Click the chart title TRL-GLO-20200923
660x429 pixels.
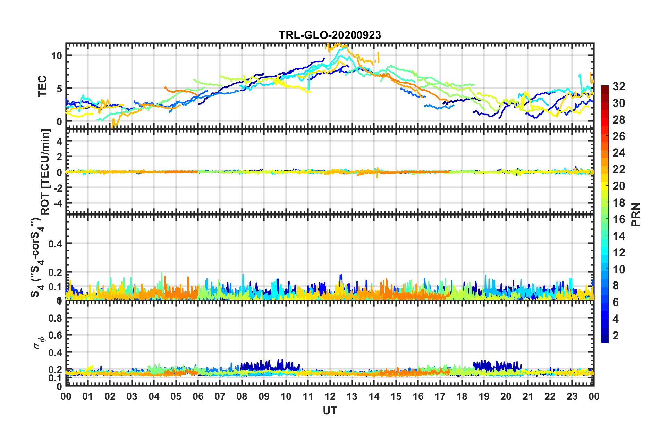(330, 35)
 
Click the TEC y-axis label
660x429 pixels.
(42, 86)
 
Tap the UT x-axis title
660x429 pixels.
(330, 411)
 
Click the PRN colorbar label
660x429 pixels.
(636, 215)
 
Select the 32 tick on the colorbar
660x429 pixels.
(619, 86)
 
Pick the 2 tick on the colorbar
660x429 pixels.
(616, 335)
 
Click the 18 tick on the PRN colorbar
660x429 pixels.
(619, 203)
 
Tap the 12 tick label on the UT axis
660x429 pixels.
(330, 396)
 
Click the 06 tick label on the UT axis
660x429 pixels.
(198, 396)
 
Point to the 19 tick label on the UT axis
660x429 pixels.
(484, 396)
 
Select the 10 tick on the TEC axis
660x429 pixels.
(57, 56)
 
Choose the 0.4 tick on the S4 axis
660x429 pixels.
(55, 244)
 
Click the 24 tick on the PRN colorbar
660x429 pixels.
(619, 153)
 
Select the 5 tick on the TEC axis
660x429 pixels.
(59, 89)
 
